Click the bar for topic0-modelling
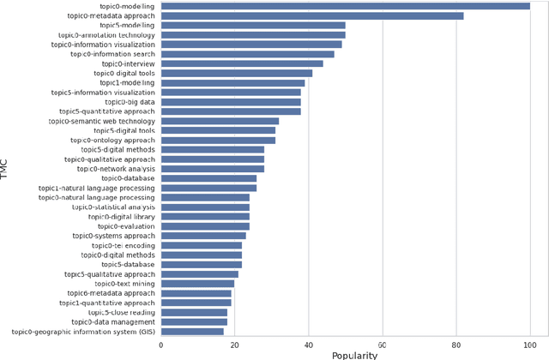tap(346, 6)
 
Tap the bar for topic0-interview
tap(242, 63)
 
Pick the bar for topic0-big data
tap(231, 102)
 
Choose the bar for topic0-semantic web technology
tap(220, 121)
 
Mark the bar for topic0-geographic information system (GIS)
tap(192, 332)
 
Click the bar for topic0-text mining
tap(198, 284)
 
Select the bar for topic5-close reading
tap(194, 312)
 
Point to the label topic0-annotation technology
tap(103, 35)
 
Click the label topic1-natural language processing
tap(97, 188)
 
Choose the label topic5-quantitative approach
tap(107, 111)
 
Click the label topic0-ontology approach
tap(112, 140)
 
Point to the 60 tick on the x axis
tap(383, 345)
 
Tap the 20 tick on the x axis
tap(235, 345)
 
